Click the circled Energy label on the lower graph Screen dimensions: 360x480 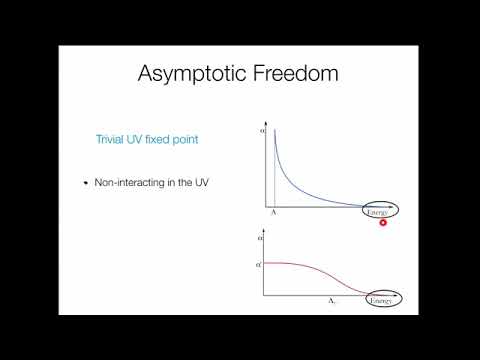pyautogui.click(x=381, y=298)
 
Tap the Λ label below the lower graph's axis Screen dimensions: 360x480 pyautogui.click(x=331, y=300)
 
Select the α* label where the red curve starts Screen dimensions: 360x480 pyautogui.click(x=260, y=263)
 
